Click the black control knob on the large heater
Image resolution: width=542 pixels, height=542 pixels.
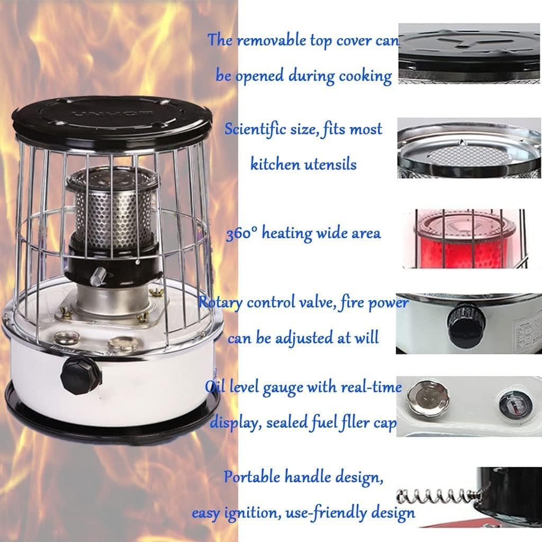[80, 374]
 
